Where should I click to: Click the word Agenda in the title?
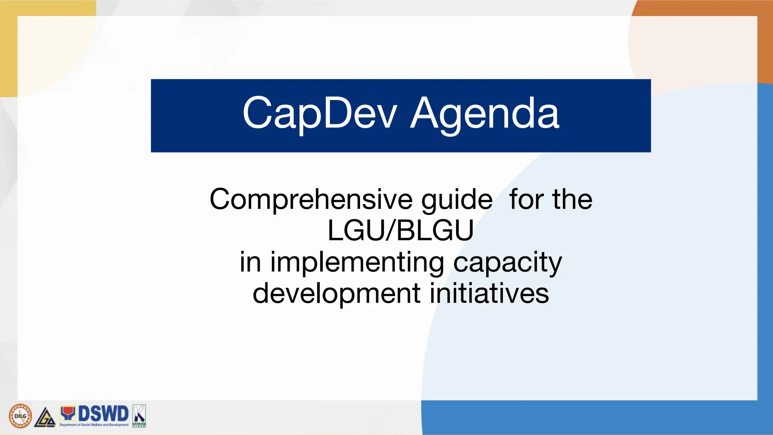485,113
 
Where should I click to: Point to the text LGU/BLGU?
400,230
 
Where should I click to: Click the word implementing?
357,262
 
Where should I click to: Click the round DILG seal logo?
20,416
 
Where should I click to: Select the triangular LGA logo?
45,418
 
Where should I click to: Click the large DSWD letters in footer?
103,413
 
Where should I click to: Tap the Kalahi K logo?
139,415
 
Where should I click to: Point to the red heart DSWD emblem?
68,413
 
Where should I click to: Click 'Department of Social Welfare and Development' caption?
94,425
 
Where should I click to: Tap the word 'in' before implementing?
250,262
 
